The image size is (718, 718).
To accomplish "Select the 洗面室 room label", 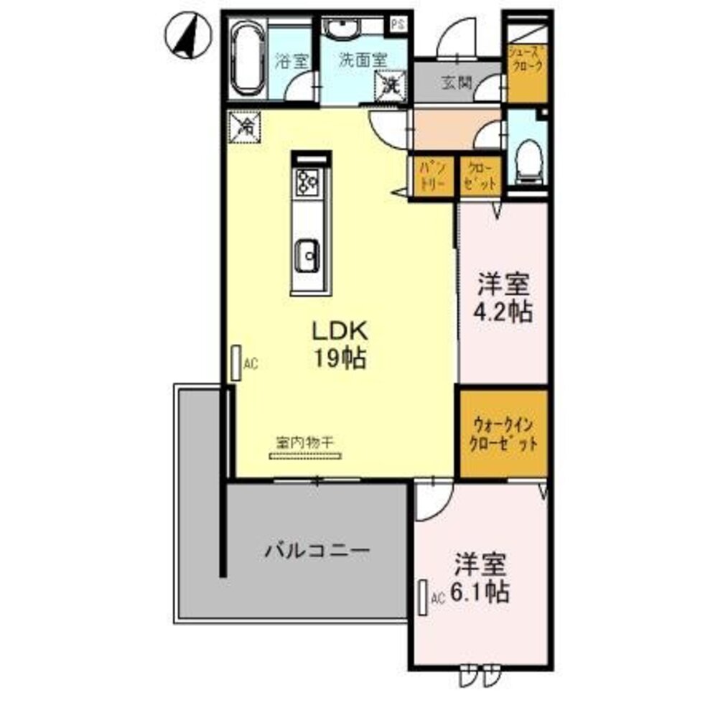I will tap(363, 61).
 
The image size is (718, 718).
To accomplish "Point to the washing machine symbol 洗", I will tap(391, 86).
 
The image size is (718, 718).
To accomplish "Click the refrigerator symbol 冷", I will tap(246, 128).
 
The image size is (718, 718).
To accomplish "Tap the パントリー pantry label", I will tap(433, 176).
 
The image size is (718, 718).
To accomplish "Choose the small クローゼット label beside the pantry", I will tap(480, 176).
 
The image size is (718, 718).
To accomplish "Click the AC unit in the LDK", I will tap(236, 364).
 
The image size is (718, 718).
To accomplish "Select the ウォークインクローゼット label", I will tap(503, 433).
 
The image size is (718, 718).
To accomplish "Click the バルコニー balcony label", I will tap(317, 551).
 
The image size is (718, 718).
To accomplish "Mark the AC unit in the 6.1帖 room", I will tap(424, 597).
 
